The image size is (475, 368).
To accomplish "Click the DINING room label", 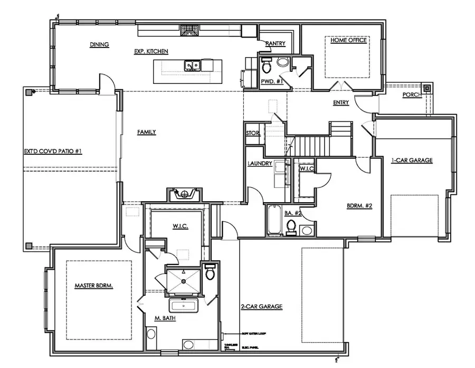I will point(99,45).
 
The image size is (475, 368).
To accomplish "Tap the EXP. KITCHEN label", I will point(151,51).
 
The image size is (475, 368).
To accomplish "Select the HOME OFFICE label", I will point(348,40).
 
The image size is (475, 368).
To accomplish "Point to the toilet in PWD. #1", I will point(267,66).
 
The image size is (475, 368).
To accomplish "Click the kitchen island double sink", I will point(192,65).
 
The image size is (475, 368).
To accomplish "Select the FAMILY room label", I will point(147,132).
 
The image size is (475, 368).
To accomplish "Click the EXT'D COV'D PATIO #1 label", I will point(53,151).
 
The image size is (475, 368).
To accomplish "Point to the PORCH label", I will point(411,95).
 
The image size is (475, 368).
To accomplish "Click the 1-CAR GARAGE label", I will point(412,160).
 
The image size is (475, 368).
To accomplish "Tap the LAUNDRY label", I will point(260,164).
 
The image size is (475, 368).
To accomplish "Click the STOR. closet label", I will point(253,133).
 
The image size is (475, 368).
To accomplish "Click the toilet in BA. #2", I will point(291,227).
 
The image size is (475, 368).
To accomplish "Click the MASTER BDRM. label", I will point(94,285).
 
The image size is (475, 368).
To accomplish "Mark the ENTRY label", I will point(340,102).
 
